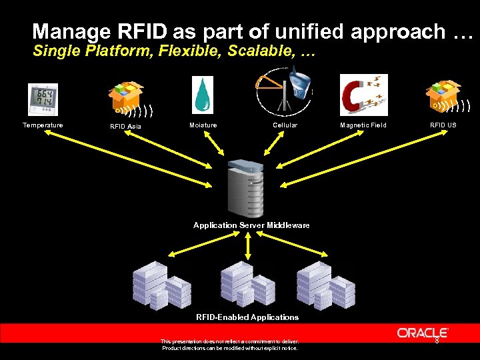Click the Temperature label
(x=43, y=125)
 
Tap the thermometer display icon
(x=43, y=99)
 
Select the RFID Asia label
(x=125, y=127)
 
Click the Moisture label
(x=203, y=125)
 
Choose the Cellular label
(x=285, y=125)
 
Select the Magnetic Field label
(x=363, y=125)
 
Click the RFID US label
(x=443, y=125)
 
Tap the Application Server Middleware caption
(x=251, y=225)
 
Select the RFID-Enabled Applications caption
(x=247, y=317)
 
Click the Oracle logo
(x=423, y=333)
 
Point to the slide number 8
(x=437, y=341)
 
